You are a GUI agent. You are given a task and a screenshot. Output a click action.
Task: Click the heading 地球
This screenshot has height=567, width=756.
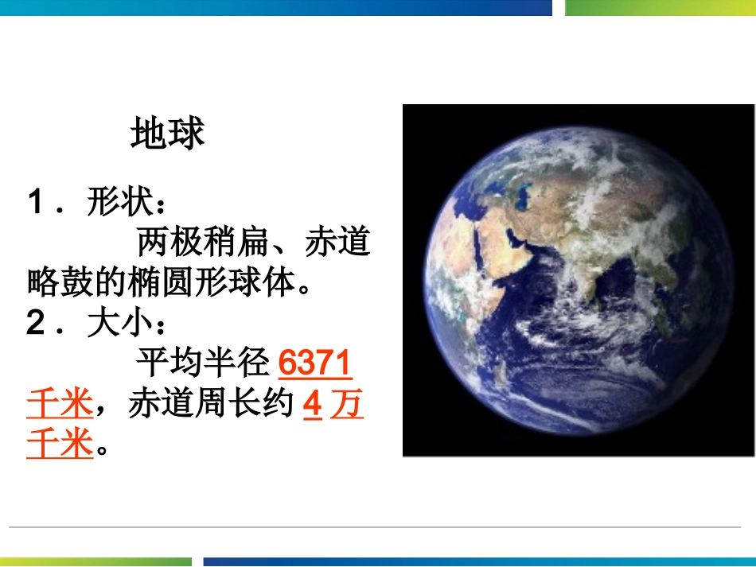click(167, 134)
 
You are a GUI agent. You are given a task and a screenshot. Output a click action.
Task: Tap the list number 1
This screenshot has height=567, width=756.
click(37, 203)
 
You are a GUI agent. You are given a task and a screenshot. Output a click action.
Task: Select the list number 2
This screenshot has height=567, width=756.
click(37, 324)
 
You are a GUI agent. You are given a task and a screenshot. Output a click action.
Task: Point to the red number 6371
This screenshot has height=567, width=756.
click(315, 364)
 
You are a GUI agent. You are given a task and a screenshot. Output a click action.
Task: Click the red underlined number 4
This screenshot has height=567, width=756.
click(313, 405)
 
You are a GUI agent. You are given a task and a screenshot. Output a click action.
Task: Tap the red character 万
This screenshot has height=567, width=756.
click(346, 405)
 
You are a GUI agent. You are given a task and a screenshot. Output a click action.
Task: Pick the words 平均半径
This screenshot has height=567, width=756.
click(202, 364)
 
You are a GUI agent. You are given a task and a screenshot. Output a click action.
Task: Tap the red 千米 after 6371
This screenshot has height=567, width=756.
click(60, 405)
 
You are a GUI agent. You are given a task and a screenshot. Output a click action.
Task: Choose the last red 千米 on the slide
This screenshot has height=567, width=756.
click(60, 444)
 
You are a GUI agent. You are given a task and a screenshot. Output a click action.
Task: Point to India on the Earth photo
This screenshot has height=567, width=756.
click(587, 274)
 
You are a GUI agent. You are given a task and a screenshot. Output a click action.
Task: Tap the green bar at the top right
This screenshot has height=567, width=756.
click(660, 7)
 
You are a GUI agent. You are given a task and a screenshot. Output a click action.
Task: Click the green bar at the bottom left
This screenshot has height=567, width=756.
click(96, 561)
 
